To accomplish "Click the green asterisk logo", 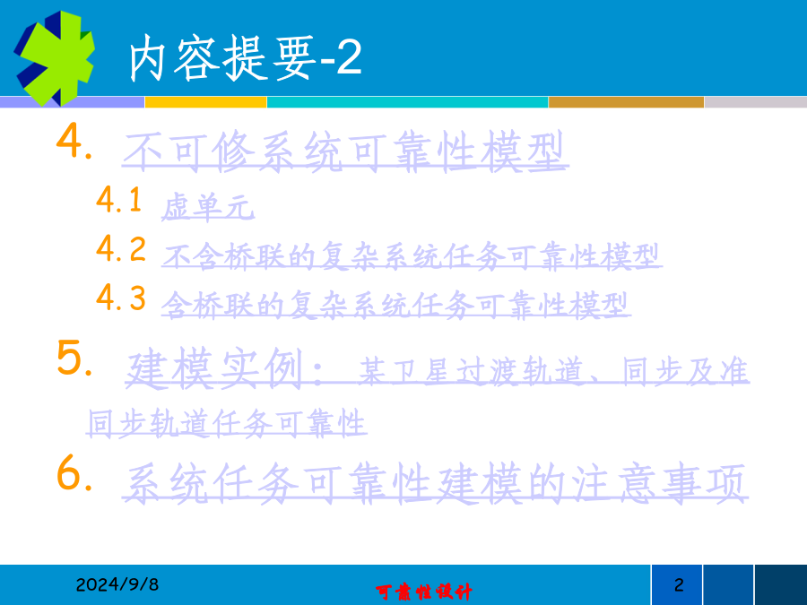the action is click(x=55, y=58).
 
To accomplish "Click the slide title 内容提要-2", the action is click(x=245, y=58).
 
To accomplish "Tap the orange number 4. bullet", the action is click(x=74, y=141).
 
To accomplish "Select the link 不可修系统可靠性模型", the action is click(x=345, y=151).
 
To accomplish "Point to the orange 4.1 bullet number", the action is click(x=119, y=200).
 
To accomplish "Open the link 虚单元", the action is click(x=208, y=207).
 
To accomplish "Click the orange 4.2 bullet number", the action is click(x=121, y=248).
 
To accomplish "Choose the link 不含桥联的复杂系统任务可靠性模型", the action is click(x=412, y=256).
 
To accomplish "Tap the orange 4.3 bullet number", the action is click(x=121, y=298).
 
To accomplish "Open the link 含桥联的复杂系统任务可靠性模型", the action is click(x=395, y=305).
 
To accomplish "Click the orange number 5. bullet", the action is click(x=74, y=358).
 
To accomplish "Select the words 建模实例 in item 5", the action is click(x=214, y=368).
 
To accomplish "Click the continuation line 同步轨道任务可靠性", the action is click(x=227, y=423).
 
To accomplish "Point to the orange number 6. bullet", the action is click(x=74, y=472).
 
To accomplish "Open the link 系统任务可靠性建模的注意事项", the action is click(x=435, y=483).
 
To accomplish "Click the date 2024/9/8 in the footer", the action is click(x=117, y=584).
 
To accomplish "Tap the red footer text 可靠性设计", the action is click(x=423, y=592).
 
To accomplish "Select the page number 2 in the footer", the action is click(x=679, y=585).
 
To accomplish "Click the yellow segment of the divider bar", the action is click(x=206, y=102).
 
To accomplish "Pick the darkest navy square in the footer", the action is click(x=781, y=585).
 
